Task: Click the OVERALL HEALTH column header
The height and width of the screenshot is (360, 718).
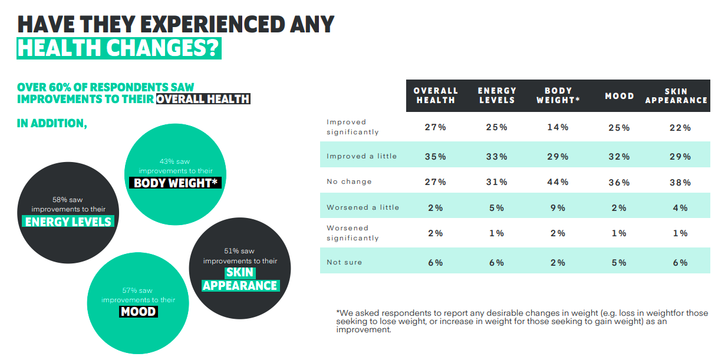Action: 436,95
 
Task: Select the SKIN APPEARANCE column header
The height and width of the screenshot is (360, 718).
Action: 676,95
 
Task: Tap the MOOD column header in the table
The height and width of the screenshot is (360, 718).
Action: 620,95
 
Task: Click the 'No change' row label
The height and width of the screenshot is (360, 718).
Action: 349,181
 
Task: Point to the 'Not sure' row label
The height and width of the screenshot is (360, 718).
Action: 344,262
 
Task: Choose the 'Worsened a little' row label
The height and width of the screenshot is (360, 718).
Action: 363,207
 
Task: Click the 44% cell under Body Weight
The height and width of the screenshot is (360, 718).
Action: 558,182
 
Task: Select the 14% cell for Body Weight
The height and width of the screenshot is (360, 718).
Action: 558,127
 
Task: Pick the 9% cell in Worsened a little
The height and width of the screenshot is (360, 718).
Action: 558,207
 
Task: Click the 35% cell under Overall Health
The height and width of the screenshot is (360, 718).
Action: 436,157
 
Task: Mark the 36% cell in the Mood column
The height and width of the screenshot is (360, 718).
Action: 620,183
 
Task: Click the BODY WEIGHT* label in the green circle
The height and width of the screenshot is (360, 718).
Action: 176,183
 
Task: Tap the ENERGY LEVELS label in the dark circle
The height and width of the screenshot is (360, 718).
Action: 68,222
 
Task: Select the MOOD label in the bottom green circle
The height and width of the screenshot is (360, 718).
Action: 138,311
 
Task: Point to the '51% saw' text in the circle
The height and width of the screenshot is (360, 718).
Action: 239,251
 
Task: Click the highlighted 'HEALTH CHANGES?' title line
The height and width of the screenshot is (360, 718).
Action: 118,48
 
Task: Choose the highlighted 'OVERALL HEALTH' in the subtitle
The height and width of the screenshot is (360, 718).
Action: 203,99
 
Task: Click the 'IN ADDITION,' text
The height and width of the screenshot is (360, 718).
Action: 52,123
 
